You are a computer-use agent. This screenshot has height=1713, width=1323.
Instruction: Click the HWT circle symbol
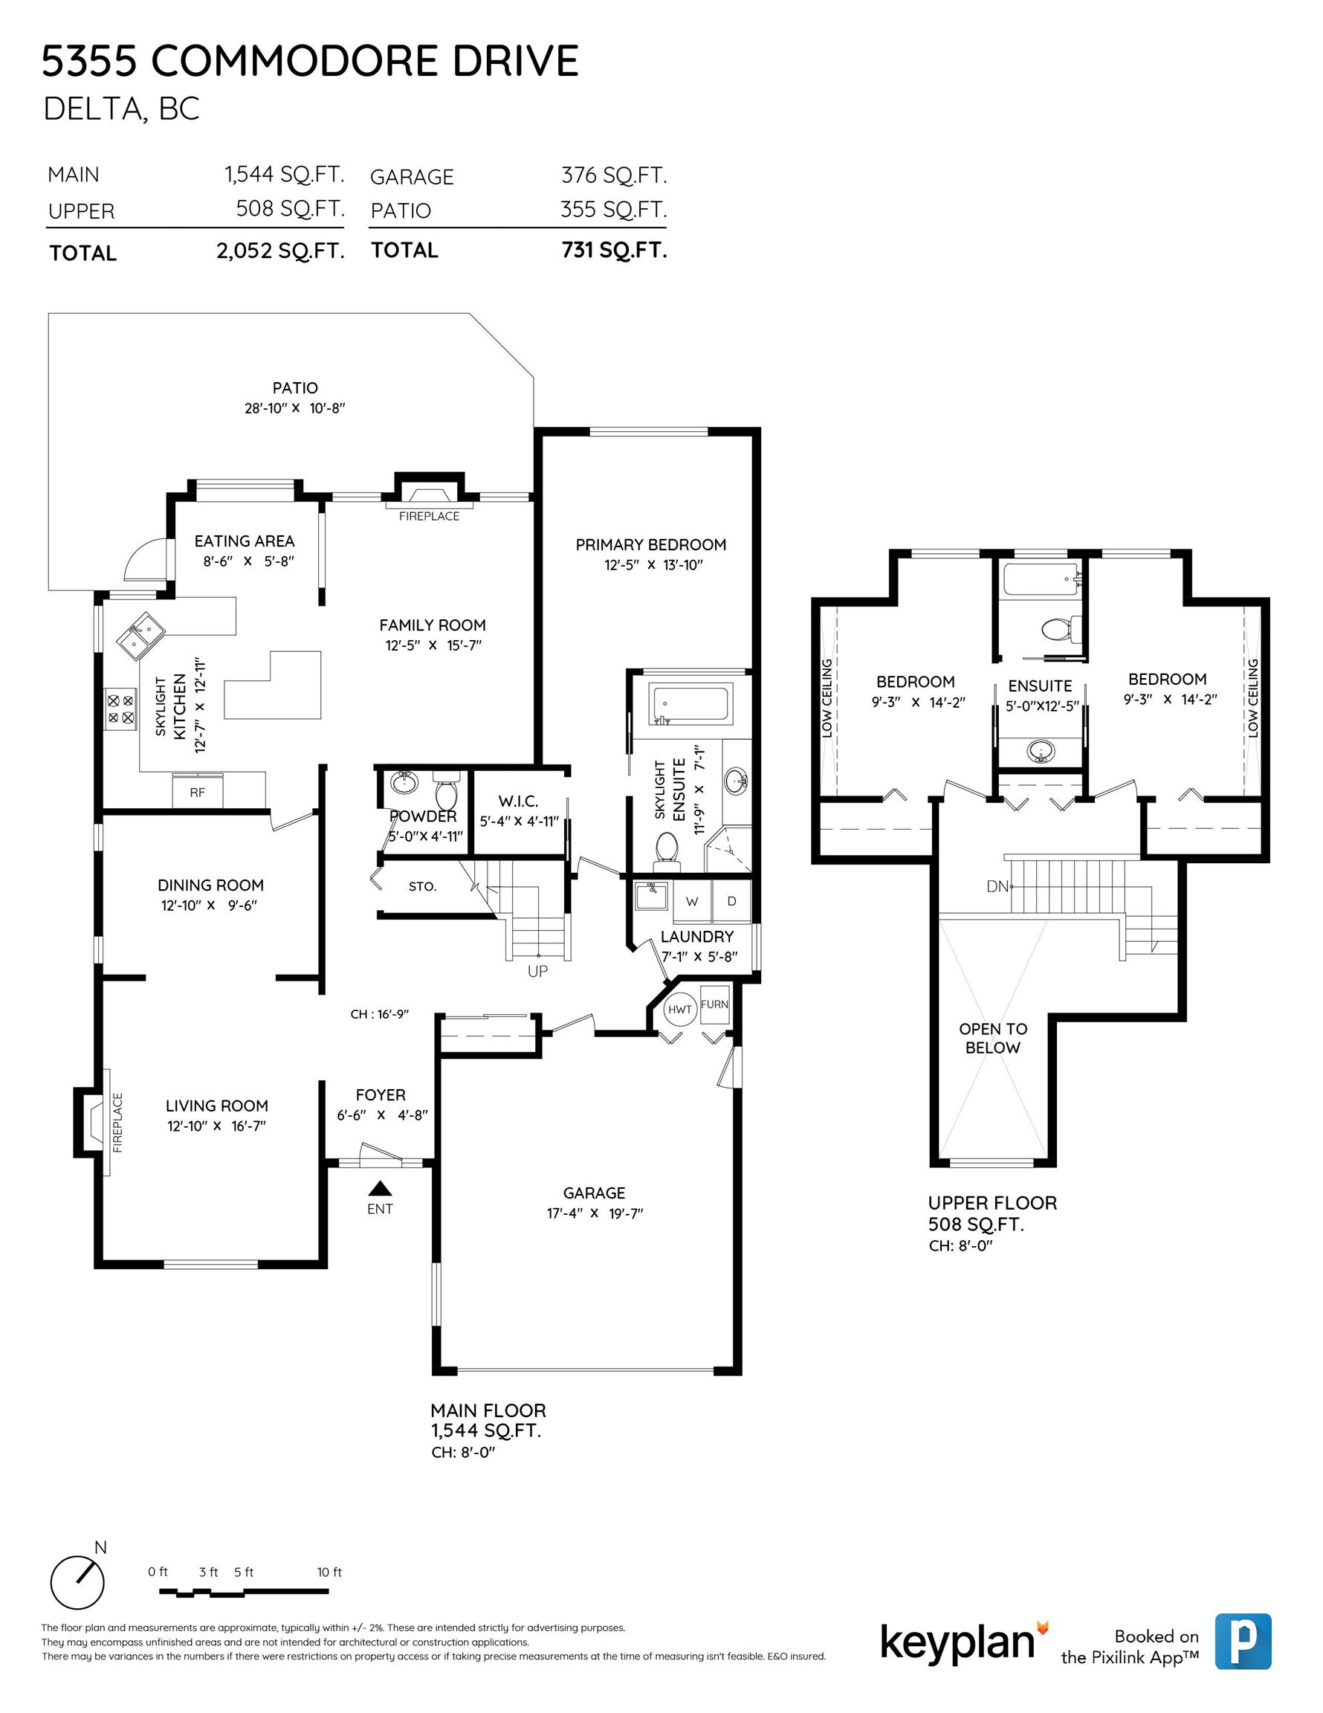(x=679, y=1009)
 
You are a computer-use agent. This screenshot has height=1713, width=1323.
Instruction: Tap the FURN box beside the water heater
(x=714, y=1004)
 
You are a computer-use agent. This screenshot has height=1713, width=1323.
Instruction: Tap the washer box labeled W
(x=692, y=901)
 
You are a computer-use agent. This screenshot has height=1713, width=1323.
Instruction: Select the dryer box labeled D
(x=731, y=901)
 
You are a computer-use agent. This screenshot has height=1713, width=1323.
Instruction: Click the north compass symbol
(x=77, y=1581)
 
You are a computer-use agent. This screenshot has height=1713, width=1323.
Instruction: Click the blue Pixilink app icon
(x=1243, y=1641)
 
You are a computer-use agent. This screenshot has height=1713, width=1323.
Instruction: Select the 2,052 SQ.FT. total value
(x=281, y=251)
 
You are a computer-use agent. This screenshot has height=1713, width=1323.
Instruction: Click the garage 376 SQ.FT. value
(x=614, y=175)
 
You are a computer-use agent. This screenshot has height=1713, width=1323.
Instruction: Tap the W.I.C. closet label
(x=518, y=801)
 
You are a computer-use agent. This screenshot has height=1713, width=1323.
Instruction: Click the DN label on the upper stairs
(x=997, y=887)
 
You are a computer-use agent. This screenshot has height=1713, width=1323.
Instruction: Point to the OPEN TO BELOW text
(x=993, y=1038)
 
